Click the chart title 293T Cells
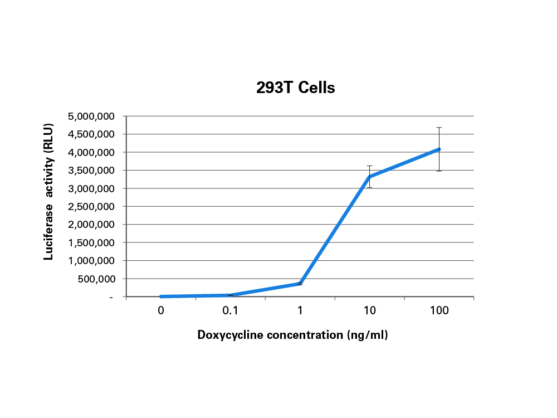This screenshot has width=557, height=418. pyautogui.click(x=295, y=88)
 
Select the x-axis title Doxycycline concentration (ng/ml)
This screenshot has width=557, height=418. pyautogui.click(x=292, y=335)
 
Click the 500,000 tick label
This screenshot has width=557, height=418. pyautogui.click(x=95, y=279)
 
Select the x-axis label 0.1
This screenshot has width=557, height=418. pyautogui.click(x=231, y=311)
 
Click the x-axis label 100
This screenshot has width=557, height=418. pyautogui.click(x=439, y=311)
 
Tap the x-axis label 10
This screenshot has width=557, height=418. pyautogui.click(x=369, y=311)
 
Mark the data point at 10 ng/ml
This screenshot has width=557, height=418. pyautogui.click(x=369, y=177)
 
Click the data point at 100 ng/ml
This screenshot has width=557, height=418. pyautogui.click(x=439, y=149)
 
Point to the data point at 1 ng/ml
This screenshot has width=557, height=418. pyautogui.click(x=300, y=283)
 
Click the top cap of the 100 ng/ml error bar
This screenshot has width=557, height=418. pyautogui.click(x=439, y=128)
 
